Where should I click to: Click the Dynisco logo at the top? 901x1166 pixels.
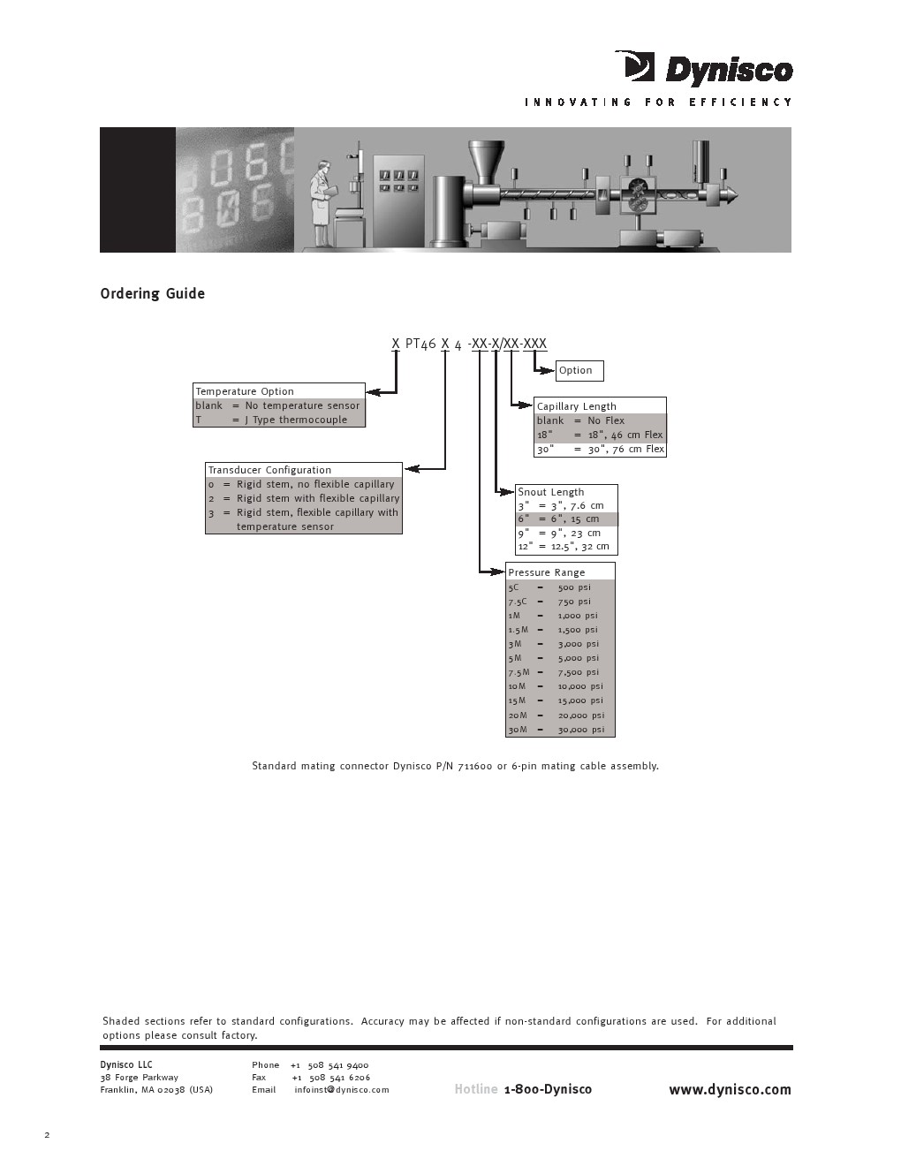[x=704, y=69]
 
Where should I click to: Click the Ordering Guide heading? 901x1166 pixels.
[x=152, y=294]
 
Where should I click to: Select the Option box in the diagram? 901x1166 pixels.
[x=579, y=371]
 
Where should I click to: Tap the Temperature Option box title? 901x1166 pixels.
[x=245, y=391]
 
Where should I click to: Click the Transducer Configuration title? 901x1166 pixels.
[x=269, y=470]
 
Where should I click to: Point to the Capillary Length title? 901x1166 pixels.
[x=577, y=406]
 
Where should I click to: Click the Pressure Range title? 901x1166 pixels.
[x=547, y=572]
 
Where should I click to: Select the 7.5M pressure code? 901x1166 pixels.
[x=519, y=672]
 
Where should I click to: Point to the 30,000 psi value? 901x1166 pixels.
[x=581, y=730]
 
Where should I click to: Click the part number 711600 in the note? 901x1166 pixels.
[x=475, y=766]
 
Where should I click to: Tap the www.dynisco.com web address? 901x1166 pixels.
[x=730, y=1090]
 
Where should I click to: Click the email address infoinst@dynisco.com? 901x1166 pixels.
[x=342, y=1090]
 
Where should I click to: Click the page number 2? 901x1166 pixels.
[x=47, y=1135]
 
